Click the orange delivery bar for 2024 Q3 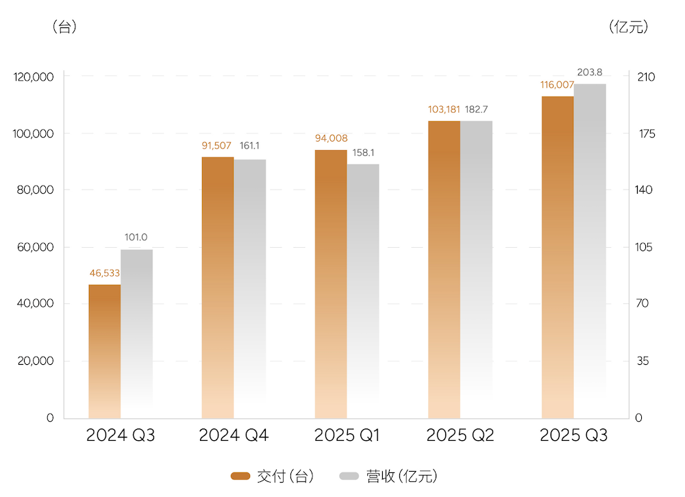point(105,351)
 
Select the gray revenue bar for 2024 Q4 point(250,288)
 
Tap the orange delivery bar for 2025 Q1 point(331,283)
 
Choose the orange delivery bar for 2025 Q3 point(558,257)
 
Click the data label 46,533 point(105,273)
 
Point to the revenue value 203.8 point(590,72)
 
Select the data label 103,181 point(444,110)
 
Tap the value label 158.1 point(364,153)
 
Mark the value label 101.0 point(136,238)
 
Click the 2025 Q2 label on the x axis point(460,436)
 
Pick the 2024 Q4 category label point(234,436)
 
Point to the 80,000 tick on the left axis point(34,190)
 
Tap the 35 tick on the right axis point(642,361)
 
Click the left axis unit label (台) point(64,28)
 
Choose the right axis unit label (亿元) point(628,27)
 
